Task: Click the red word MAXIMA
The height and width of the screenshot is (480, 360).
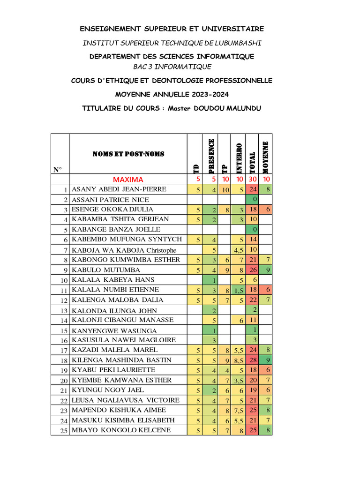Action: [x=128, y=180]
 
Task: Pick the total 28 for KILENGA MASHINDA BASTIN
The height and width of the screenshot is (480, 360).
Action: [x=252, y=360]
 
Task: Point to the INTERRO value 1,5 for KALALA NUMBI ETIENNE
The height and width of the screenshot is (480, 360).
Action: [x=238, y=290]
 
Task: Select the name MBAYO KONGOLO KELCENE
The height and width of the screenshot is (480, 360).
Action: [x=121, y=430]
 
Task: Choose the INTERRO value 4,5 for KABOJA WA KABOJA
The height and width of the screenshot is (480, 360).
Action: [x=238, y=250]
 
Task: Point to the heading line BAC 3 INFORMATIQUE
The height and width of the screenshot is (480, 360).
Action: [x=169, y=67]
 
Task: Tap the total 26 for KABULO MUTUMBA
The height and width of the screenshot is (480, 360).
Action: [x=252, y=270]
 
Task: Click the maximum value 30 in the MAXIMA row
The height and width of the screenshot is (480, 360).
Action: [x=253, y=180]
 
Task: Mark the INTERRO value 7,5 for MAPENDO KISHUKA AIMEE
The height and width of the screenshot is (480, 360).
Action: [x=238, y=411]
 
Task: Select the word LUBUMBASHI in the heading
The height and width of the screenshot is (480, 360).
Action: [x=238, y=43]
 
